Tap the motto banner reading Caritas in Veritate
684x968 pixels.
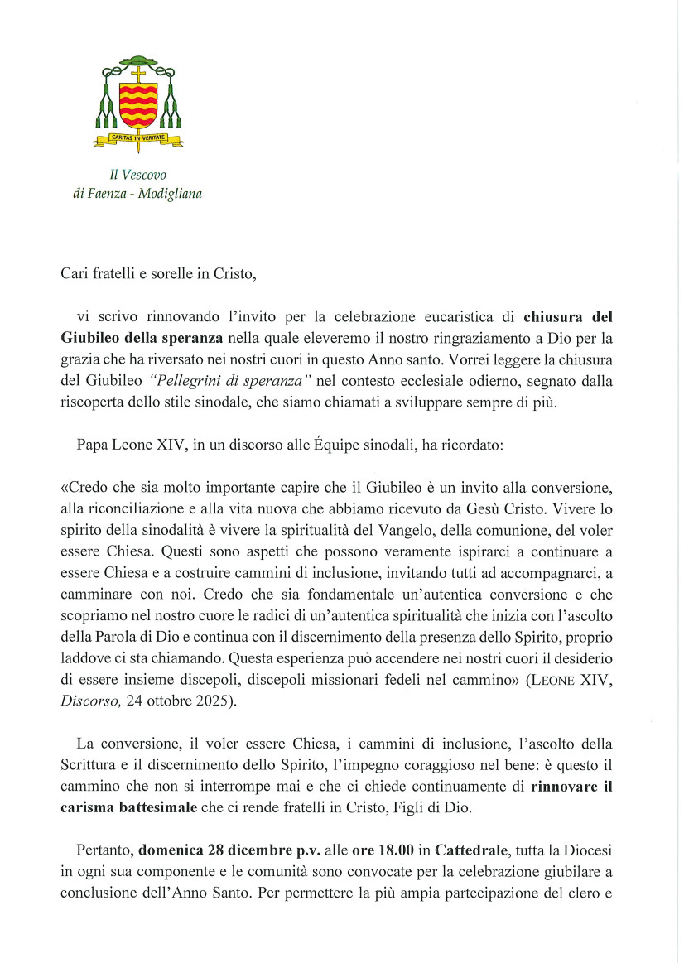tap(139, 137)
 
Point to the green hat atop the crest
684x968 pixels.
tap(138, 62)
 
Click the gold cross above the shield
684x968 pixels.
tap(137, 75)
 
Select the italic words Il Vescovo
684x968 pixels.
tap(137, 176)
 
